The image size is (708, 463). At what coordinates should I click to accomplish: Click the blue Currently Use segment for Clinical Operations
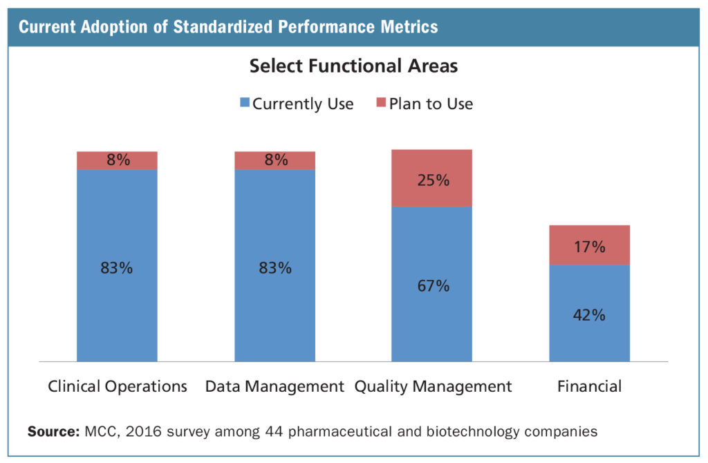(x=117, y=265)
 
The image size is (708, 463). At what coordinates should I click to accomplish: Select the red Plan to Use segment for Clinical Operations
(x=117, y=160)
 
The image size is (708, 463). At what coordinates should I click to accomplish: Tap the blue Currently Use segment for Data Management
(x=274, y=265)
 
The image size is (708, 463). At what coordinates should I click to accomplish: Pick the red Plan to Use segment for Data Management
(x=274, y=160)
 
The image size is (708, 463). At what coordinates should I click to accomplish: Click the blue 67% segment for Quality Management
(x=432, y=284)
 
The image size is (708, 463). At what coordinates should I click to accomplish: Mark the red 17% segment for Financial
(x=589, y=245)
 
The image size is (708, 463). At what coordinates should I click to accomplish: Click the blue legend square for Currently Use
(x=244, y=104)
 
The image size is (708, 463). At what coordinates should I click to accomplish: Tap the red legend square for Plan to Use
(x=381, y=104)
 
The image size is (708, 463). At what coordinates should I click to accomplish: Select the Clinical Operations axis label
(x=117, y=386)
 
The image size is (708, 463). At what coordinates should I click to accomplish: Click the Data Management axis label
(x=274, y=386)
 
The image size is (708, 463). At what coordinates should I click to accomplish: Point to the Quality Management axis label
(x=433, y=386)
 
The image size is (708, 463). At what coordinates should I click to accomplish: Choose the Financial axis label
(x=589, y=386)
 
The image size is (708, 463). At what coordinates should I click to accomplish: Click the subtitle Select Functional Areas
(x=353, y=66)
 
